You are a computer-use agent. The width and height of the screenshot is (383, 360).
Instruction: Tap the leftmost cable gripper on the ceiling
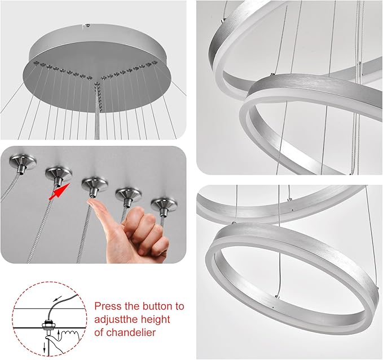[x=23, y=165]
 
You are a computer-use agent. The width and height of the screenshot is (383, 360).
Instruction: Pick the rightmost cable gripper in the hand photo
[x=164, y=204]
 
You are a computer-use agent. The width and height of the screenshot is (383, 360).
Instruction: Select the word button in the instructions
[x=155, y=306]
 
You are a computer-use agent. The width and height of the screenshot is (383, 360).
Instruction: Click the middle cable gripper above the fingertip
[x=94, y=185]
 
